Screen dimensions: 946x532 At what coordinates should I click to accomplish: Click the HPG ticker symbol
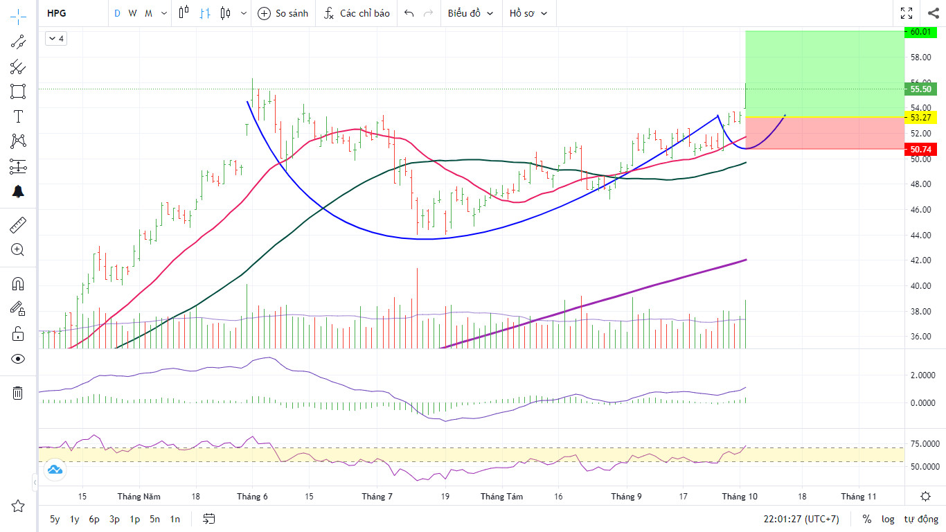pos(57,13)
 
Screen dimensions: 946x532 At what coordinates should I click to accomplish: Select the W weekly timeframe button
pos(132,13)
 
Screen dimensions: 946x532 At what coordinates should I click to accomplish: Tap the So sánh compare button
pos(283,13)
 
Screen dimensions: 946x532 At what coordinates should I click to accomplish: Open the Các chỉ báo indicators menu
pos(357,13)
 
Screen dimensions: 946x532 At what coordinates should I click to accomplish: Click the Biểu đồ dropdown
pos(470,13)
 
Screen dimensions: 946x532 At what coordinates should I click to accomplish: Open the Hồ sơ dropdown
pos(528,13)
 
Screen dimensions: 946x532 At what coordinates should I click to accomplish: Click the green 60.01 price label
pos(920,32)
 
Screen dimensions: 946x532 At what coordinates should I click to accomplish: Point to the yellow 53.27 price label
pos(920,118)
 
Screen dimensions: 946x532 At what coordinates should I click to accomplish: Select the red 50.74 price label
pos(920,149)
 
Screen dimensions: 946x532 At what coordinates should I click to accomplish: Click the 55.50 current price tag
pos(920,89)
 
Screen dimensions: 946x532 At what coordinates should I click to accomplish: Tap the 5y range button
pos(55,519)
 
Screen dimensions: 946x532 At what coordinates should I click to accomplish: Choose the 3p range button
pos(114,519)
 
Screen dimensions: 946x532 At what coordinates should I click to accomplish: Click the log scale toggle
pos(888,519)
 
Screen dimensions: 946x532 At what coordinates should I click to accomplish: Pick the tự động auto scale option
pos(921,519)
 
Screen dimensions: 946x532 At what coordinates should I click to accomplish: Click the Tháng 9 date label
pos(626,497)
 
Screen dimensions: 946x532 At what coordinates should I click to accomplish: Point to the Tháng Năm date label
pos(139,497)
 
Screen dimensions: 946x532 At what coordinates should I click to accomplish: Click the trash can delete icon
pos(18,393)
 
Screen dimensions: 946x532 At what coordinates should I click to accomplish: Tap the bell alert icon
pos(18,191)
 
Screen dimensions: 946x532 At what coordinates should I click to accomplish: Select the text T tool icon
pos(18,116)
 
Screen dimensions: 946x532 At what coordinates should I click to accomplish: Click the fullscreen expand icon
pos(907,13)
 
